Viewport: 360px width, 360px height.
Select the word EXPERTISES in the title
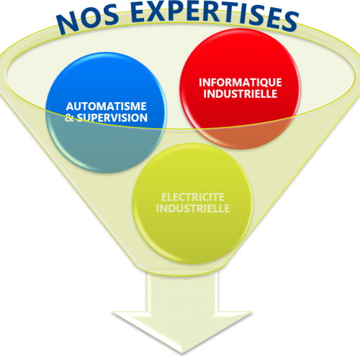[x=215, y=15]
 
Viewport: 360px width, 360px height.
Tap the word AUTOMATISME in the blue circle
[x=107, y=107]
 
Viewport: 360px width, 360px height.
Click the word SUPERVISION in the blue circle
[x=112, y=118]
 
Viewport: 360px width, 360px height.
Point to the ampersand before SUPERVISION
[x=69, y=118]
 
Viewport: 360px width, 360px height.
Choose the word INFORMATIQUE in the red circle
[x=240, y=83]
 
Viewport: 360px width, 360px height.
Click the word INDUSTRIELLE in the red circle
[x=240, y=94]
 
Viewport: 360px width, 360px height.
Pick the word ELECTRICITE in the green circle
[x=193, y=197]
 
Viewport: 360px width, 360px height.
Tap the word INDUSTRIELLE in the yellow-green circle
[x=193, y=209]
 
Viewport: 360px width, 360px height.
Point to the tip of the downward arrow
[x=182, y=354]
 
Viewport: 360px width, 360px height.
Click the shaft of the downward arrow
[x=182, y=293]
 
